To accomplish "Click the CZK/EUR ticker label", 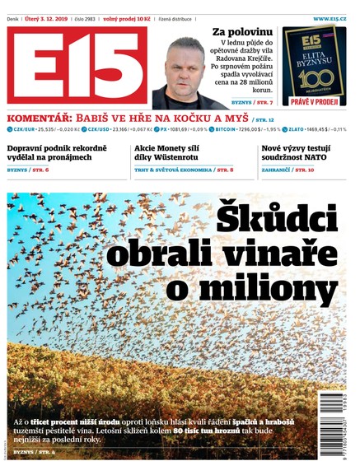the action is (x=27, y=130).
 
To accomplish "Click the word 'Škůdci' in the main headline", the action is (x=276, y=219).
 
